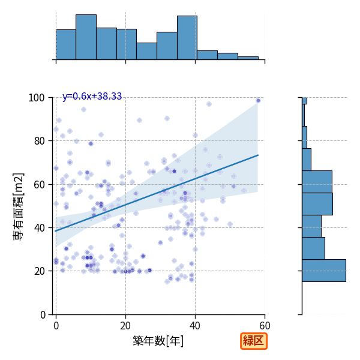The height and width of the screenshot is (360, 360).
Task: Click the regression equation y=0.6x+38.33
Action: point(92,96)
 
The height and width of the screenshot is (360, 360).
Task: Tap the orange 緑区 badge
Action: point(254,341)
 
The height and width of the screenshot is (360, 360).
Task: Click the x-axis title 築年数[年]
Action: point(158,341)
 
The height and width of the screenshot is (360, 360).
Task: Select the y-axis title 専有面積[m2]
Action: point(18,206)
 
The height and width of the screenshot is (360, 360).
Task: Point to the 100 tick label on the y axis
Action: point(36,98)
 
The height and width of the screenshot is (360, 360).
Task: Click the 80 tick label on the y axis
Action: point(39,141)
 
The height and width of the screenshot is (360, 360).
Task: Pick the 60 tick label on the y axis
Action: point(39,184)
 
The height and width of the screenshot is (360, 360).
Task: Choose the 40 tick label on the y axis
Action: point(39,228)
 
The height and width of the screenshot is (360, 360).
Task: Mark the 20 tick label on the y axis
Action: point(39,271)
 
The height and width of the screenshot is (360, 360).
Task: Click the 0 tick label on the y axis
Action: point(43,314)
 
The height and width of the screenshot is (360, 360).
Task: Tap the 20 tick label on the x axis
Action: point(125,326)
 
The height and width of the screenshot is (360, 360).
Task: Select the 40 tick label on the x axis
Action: point(195,326)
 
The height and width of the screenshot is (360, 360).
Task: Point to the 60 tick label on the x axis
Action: point(265,326)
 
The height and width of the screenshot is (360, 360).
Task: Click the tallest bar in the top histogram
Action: point(86,37)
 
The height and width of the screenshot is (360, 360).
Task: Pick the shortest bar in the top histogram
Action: point(248,58)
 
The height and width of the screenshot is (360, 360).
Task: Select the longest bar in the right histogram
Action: point(324,271)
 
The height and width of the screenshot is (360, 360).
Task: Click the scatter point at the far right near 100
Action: point(258,101)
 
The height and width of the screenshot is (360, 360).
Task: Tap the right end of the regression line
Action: point(258,155)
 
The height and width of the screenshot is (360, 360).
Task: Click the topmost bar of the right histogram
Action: point(304,101)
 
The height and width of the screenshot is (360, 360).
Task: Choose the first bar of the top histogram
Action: point(66,44)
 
